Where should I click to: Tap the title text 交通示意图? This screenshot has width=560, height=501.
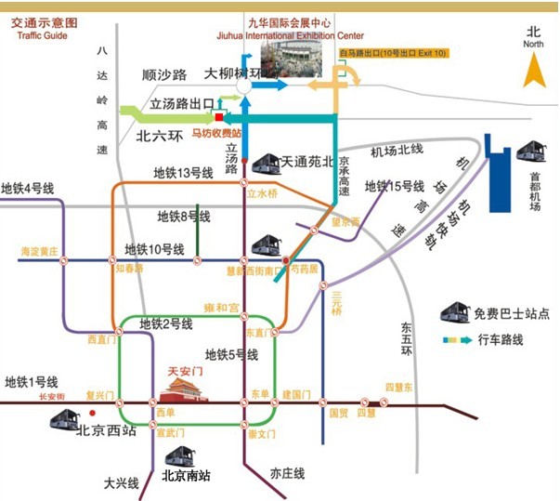[45, 21]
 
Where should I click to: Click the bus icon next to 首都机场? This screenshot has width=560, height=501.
[533, 150]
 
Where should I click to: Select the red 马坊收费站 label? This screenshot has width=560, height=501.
[216, 133]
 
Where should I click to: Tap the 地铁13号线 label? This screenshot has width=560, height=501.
[183, 173]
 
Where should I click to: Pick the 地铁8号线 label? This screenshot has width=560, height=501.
[184, 217]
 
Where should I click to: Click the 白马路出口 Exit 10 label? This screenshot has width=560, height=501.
[393, 54]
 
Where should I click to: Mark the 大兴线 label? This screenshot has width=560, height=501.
[121, 483]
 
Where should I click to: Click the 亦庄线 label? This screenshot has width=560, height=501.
[287, 473]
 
